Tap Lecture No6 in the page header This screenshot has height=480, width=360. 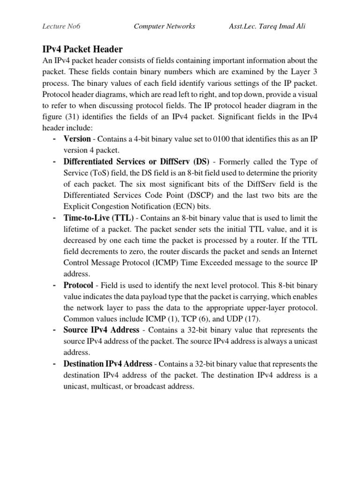pyautogui.click(x=60, y=26)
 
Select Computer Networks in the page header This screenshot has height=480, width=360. pyautogui.click(x=165, y=26)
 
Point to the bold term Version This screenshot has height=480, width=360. pyautogui.click(x=77, y=139)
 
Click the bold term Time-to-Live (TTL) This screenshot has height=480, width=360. pyautogui.click(x=98, y=218)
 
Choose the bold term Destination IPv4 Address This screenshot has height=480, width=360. pyautogui.click(x=108, y=364)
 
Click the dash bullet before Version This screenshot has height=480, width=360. pyautogui.click(x=55, y=139)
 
